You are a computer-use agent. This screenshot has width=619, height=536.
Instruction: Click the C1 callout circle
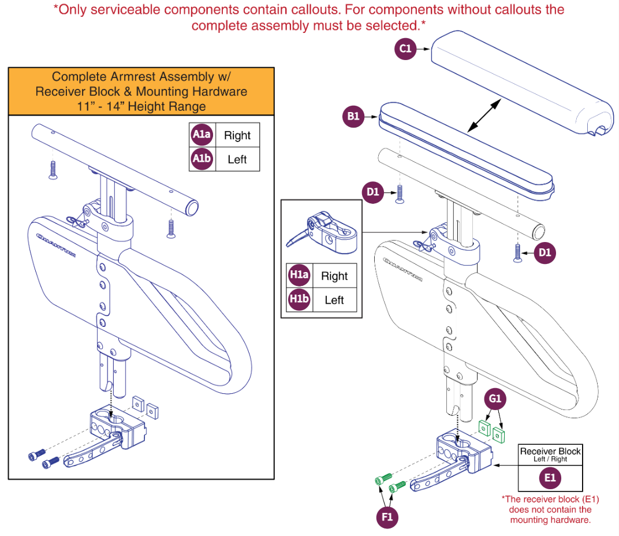[x=406, y=49]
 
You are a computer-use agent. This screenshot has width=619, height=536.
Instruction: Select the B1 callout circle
[x=353, y=116]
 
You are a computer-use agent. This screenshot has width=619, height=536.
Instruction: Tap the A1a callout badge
[x=202, y=135]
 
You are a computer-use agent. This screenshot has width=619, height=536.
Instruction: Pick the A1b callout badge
[x=202, y=159]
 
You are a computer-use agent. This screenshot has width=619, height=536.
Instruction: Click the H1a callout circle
[x=299, y=276]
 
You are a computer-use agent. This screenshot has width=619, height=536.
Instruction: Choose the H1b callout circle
[x=299, y=300]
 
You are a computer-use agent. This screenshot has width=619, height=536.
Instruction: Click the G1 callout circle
[x=495, y=399]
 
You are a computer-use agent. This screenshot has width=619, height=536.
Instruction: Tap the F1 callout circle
[x=387, y=517]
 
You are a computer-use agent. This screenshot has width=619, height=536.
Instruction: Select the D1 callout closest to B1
[x=374, y=191]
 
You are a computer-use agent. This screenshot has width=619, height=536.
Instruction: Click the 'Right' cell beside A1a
[x=237, y=135]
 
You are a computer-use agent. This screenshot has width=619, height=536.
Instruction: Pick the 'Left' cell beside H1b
[x=334, y=300]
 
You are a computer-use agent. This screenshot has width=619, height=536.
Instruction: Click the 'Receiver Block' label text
[x=550, y=451]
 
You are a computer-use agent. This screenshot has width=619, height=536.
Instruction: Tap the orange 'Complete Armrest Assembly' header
[x=141, y=91]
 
